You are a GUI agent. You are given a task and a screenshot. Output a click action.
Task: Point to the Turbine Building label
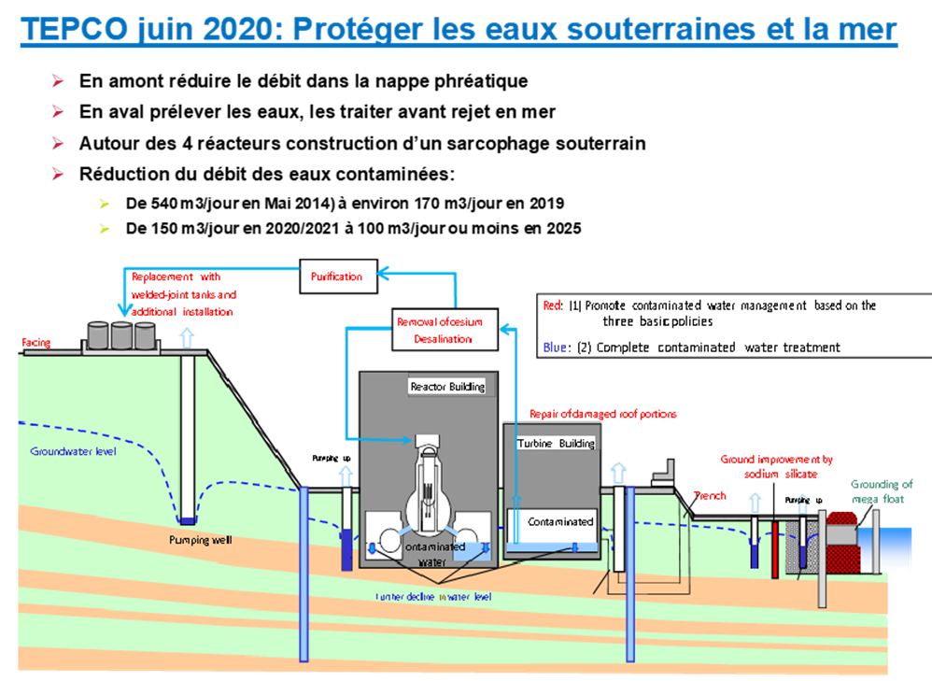point(557,444)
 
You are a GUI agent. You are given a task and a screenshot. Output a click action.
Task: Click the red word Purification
point(336,277)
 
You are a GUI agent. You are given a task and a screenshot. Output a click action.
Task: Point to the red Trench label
point(710,496)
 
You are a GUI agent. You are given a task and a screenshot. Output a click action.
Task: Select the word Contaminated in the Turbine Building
point(560,521)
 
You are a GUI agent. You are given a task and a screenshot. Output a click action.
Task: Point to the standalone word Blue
point(555,348)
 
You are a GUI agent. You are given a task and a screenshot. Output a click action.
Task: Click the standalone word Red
point(552,305)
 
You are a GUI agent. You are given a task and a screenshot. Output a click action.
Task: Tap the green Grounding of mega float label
point(882,490)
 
